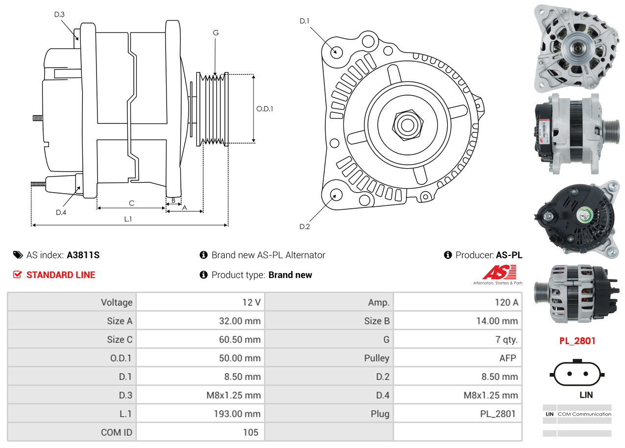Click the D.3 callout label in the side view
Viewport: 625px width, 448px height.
pyautogui.click(x=59, y=14)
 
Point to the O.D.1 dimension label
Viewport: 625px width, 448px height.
pyautogui.click(x=264, y=109)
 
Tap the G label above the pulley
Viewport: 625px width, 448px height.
pyautogui.click(x=216, y=33)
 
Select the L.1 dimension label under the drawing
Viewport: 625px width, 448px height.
pyautogui.click(x=128, y=219)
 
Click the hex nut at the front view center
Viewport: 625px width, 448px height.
pyautogui.click(x=406, y=124)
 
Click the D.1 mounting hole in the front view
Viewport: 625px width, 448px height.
pyautogui.click(x=336, y=51)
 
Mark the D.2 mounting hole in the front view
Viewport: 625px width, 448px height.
pyautogui.click(x=336, y=195)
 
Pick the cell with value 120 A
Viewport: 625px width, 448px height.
pyautogui.click(x=506, y=302)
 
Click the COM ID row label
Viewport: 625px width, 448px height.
pyautogui.click(x=116, y=432)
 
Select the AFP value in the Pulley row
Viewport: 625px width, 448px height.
pyautogui.click(x=507, y=358)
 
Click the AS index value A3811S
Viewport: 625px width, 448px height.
pyautogui.click(x=83, y=255)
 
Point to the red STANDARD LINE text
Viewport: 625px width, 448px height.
pyautogui.click(x=61, y=275)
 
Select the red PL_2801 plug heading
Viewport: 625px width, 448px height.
pyautogui.click(x=577, y=341)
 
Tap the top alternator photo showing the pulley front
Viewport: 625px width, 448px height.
pyautogui.click(x=576, y=47)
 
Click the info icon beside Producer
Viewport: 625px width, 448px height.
pyautogui.click(x=448, y=255)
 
